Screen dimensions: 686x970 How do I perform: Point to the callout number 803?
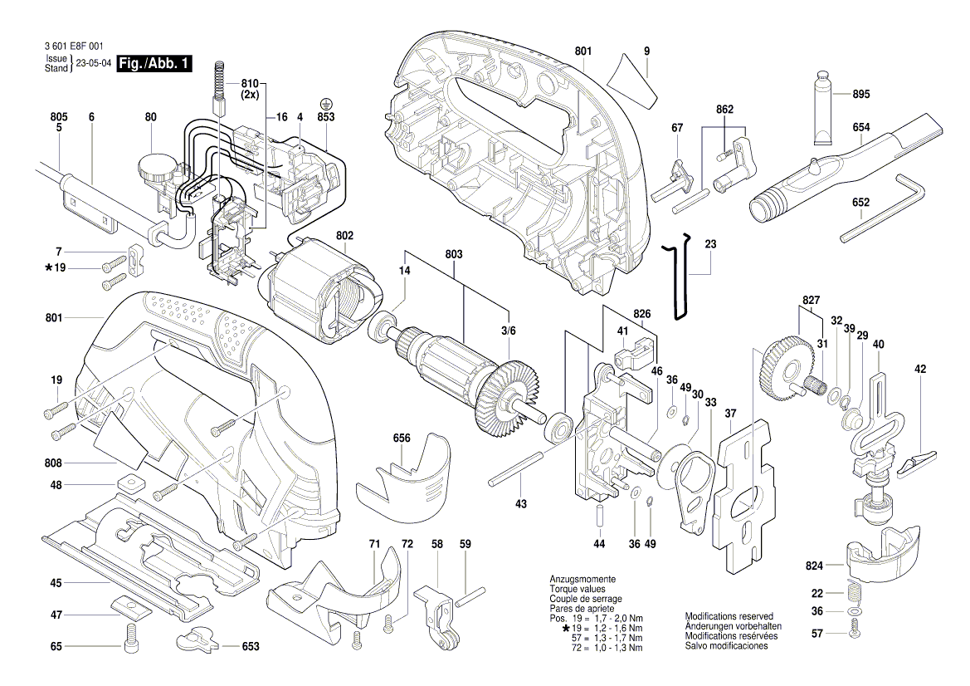[x=453, y=253]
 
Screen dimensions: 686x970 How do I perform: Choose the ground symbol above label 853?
[x=326, y=105]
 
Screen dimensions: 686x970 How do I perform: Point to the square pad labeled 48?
[x=129, y=484]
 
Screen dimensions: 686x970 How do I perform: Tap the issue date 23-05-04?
[x=94, y=64]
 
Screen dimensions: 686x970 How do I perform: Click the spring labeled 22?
[x=854, y=593]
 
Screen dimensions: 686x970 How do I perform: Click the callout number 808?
[x=56, y=463]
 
